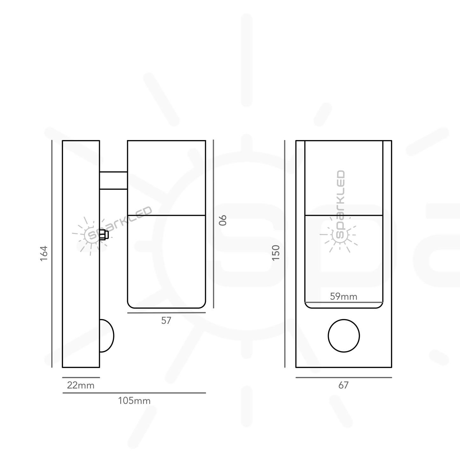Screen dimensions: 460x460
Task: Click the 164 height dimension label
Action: click(x=44, y=253)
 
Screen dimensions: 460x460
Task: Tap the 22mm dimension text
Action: click(x=81, y=386)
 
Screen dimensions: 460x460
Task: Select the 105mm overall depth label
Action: click(x=134, y=401)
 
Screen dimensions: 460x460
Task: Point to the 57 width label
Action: click(x=166, y=321)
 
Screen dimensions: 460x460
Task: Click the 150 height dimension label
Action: click(x=276, y=253)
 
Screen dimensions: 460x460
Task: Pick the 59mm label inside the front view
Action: click(x=343, y=297)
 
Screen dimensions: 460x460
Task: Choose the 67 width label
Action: click(x=343, y=386)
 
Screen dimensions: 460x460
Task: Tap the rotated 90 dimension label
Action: click(x=223, y=220)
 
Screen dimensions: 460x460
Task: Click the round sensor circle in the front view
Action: click(x=344, y=336)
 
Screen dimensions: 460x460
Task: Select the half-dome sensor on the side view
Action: click(x=107, y=336)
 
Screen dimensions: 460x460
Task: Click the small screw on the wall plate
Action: click(x=104, y=235)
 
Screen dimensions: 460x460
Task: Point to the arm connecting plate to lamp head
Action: click(x=113, y=180)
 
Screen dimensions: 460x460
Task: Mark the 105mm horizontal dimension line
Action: click(x=134, y=393)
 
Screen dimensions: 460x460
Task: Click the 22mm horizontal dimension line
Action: click(x=81, y=378)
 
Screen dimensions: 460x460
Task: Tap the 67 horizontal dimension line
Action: click(x=343, y=378)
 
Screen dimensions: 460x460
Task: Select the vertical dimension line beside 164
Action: click(x=52, y=253)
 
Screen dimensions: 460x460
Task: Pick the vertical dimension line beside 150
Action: click(x=285, y=253)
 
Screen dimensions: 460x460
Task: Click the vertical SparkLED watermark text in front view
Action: click(x=340, y=204)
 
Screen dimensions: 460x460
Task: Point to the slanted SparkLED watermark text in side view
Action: click(x=119, y=223)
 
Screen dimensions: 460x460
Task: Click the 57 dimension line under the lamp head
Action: click(x=166, y=313)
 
